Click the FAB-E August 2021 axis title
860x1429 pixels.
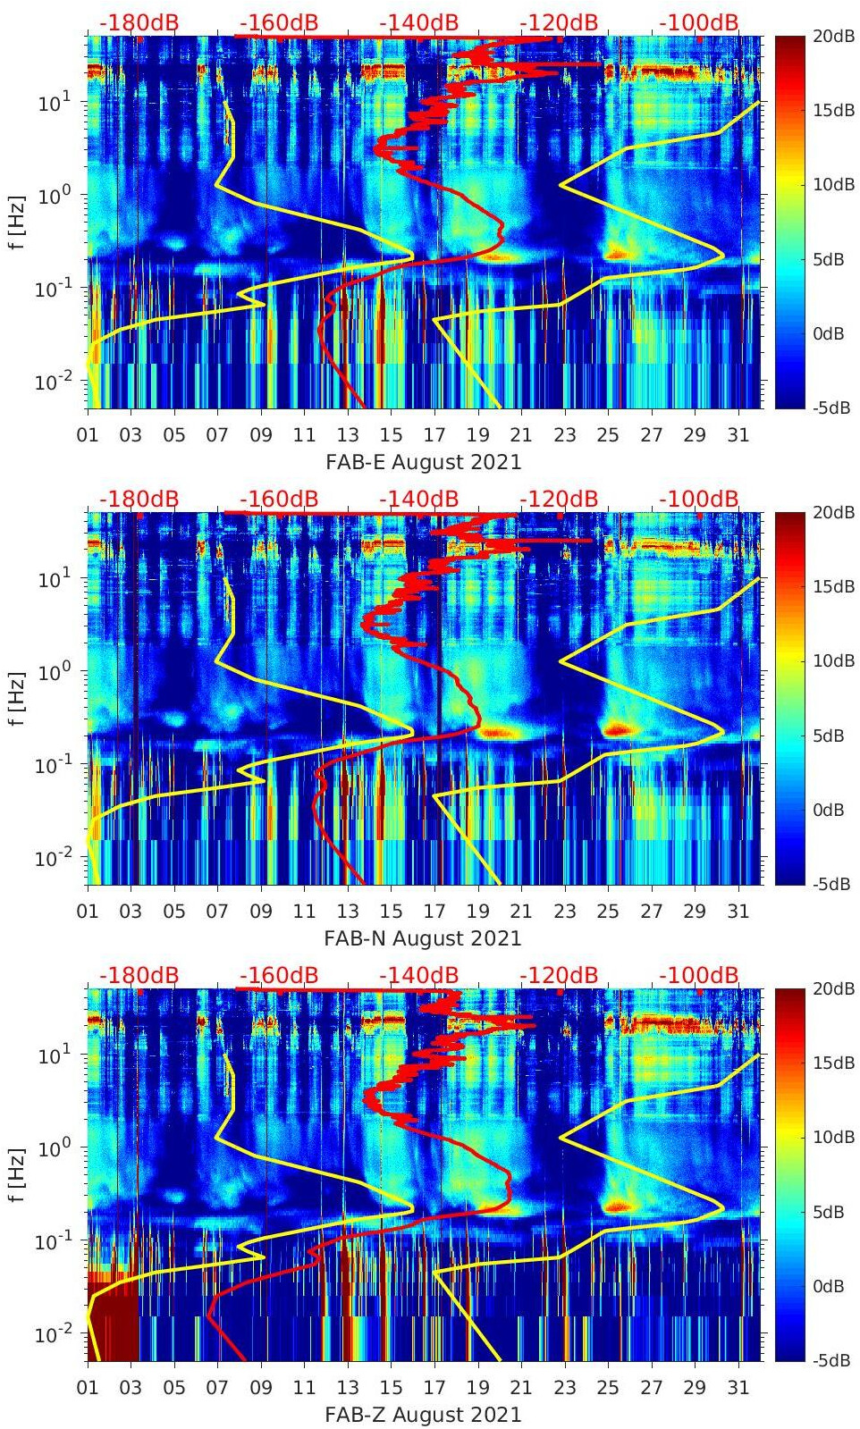click(x=423, y=462)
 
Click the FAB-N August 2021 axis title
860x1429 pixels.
click(x=423, y=938)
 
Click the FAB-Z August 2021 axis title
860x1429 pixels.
click(x=423, y=1415)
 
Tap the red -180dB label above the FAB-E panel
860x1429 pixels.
click(x=139, y=22)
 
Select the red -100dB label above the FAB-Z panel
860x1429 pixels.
click(x=699, y=975)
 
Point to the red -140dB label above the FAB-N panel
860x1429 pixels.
click(x=419, y=499)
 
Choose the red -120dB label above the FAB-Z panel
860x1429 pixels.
click(x=559, y=975)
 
